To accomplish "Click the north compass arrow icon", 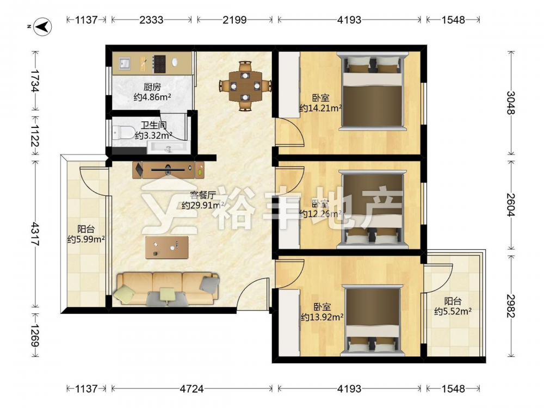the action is [42, 27].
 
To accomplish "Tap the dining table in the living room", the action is [245, 86].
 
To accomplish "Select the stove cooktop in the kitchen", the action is [159, 64].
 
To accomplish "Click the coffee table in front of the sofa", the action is [167, 248].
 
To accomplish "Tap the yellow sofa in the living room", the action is [167, 289].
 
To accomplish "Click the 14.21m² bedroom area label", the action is [320, 109].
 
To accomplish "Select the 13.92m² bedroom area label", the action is [322, 317].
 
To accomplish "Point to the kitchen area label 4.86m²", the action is [152, 97].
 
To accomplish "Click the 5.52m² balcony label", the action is [453, 312].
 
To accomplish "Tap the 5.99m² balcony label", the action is [86, 239].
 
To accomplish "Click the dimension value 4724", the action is [191, 388].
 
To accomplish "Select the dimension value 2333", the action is [151, 20].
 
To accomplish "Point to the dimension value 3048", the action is [511, 103].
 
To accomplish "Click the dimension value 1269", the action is [35, 336].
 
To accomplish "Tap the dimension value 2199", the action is [234, 20].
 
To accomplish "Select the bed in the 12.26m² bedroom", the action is [372, 209].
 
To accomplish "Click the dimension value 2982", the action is [511, 306].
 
